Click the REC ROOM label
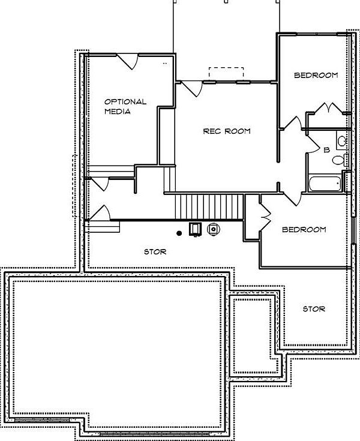[226, 131]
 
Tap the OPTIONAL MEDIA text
[125, 106]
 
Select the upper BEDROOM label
[316, 75]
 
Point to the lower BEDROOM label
[304, 229]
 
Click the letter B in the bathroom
[326, 150]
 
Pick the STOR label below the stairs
[155, 251]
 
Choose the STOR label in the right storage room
[314, 308]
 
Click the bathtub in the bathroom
[323, 183]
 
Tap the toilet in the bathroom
[339, 160]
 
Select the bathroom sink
[341, 141]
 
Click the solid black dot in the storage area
[179, 232]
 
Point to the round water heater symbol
[213, 229]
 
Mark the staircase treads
[204, 207]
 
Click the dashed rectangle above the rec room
[226, 73]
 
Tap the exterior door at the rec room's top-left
[193, 88]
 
